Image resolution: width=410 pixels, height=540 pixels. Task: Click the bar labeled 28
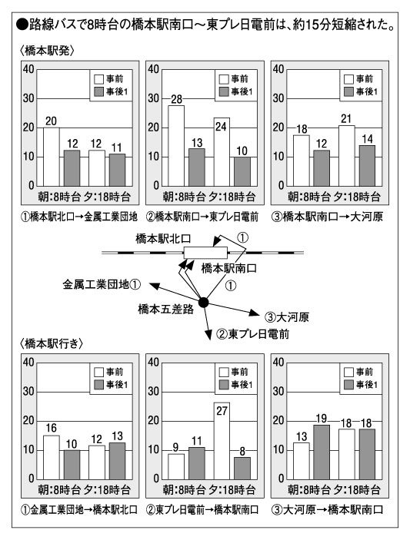point(176,146)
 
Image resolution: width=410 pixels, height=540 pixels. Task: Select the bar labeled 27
point(222,441)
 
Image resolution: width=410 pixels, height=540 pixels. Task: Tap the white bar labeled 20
point(51,157)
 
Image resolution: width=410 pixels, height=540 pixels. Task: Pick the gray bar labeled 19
point(322,452)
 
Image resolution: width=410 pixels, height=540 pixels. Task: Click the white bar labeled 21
point(347,156)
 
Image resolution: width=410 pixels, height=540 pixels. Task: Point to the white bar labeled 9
point(176,467)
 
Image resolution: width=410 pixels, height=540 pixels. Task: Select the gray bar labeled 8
point(242,469)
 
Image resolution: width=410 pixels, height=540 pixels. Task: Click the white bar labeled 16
point(51,457)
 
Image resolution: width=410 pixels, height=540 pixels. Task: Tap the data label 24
point(221,127)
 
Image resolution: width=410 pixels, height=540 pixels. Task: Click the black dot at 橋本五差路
point(203,303)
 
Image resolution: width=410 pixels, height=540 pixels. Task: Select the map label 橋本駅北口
point(163,239)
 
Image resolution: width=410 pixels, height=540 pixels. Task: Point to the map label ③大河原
point(287,316)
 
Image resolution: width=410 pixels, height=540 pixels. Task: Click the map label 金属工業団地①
point(102,284)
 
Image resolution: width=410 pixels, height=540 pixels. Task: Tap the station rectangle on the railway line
point(205,253)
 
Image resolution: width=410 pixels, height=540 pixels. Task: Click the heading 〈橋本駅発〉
point(47,51)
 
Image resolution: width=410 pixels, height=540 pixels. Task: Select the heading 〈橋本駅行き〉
point(52,343)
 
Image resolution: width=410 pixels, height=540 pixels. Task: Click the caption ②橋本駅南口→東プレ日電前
point(202,217)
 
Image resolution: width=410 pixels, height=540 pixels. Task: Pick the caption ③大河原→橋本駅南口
point(327,510)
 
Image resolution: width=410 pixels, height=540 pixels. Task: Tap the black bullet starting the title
point(22,25)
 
